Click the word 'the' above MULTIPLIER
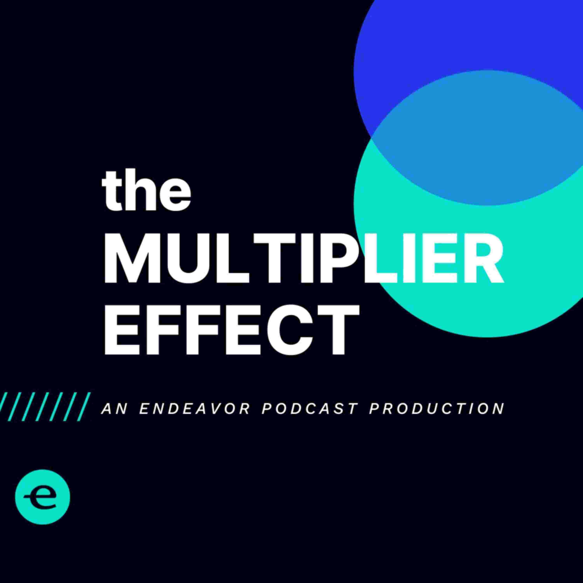coord(146,191)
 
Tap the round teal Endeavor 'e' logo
coord(43,496)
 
